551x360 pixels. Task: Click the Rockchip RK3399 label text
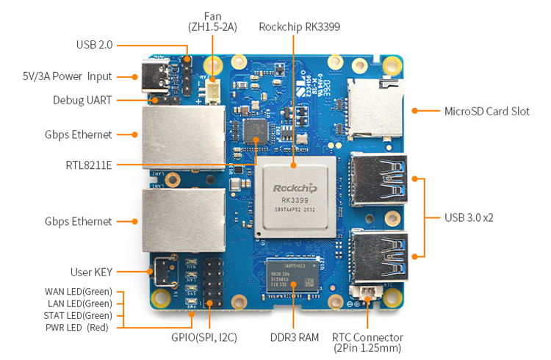(x=299, y=26)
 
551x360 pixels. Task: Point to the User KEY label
(x=91, y=272)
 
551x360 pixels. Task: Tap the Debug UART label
(x=82, y=100)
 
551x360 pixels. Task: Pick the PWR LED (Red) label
(x=77, y=327)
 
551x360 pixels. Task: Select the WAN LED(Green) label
(x=78, y=292)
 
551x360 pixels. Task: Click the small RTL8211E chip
(x=256, y=132)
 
